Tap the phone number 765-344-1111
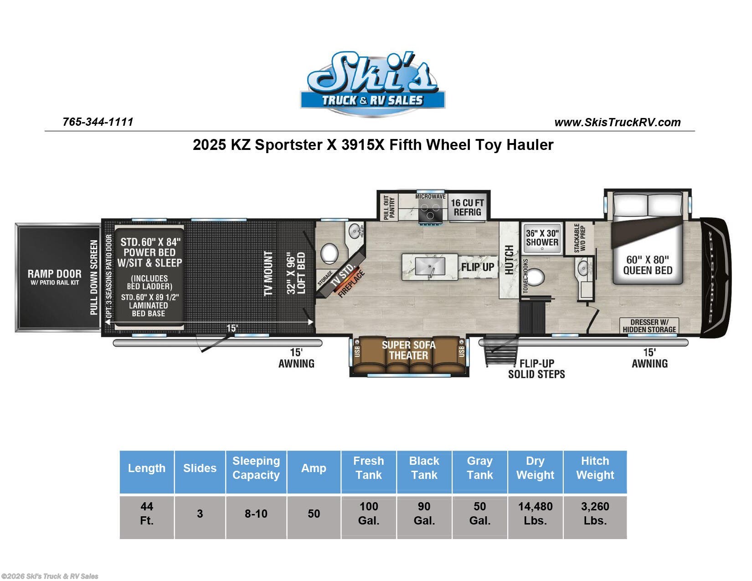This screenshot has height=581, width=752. tap(98, 122)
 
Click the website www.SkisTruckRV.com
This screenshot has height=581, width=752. tap(617, 123)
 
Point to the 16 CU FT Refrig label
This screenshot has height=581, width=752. tap(467, 207)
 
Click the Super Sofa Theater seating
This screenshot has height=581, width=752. tap(409, 356)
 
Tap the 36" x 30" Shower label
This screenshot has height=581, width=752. tap(542, 238)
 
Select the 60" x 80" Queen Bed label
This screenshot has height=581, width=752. tap(647, 265)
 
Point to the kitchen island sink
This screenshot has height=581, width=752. tap(430, 266)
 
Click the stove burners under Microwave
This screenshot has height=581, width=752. tap(430, 210)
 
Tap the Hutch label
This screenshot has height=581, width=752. tap(509, 260)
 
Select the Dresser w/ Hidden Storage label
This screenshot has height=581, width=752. tap(649, 326)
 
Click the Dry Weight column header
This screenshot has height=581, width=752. tap(535, 468)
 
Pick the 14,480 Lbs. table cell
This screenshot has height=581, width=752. tap(535, 514)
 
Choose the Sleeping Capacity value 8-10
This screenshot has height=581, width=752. tap(256, 514)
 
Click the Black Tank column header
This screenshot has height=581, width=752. tap(424, 468)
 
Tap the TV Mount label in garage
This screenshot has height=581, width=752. tap(268, 273)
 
